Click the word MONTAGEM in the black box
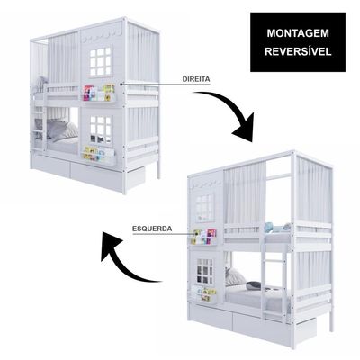(x=298, y=33)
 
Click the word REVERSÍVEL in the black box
(x=298, y=51)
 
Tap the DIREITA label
(x=196, y=79)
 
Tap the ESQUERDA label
(x=152, y=229)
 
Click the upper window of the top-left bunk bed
(x=101, y=61)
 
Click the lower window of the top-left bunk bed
(x=101, y=130)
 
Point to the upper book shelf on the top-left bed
(x=99, y=93)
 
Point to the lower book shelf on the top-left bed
(x=99, y=155)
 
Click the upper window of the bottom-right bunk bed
(x=205, y=208)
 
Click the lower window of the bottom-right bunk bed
(x=205, y=271)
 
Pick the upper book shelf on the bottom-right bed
(x=204, y=237)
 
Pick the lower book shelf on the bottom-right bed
(x=204, y=294)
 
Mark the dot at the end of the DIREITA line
(x=121, y=85)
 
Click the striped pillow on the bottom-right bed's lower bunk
(x=235, y=276)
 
